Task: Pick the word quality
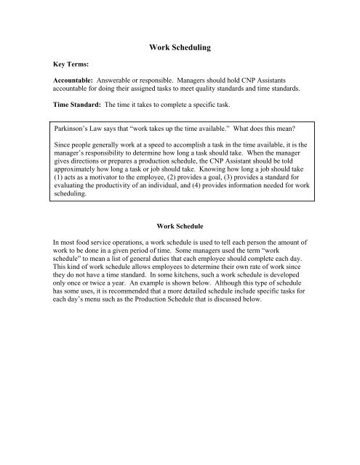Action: point(241,93)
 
